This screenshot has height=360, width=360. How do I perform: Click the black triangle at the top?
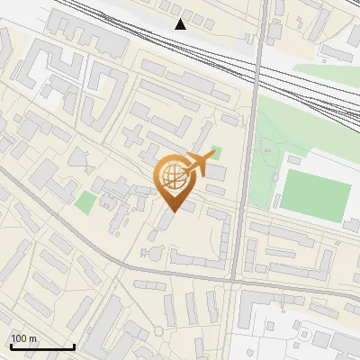point(181,24)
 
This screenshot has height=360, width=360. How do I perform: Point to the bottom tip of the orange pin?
point(175,212)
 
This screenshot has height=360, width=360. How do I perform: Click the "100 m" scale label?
point(23,338)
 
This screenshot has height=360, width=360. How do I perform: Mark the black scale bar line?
point(42,346)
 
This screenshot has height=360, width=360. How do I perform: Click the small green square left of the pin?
point(85,202)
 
